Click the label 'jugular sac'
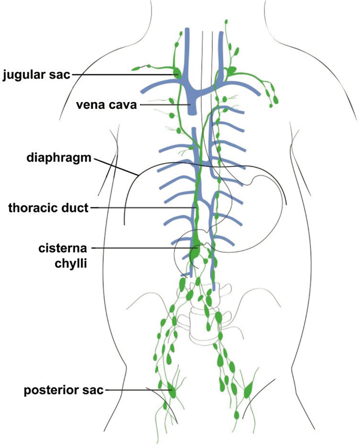[x=36, y=74]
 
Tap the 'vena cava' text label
[x=106, y=105]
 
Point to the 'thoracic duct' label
[x=49, y=208]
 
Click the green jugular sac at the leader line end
[x=177, y=73]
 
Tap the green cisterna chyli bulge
[x=194, y=251]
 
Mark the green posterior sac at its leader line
[x=172, y=390]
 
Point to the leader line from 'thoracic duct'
[x=142, y=208]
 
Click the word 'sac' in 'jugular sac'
[x=60, y=74]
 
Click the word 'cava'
[x=123, y=105]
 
